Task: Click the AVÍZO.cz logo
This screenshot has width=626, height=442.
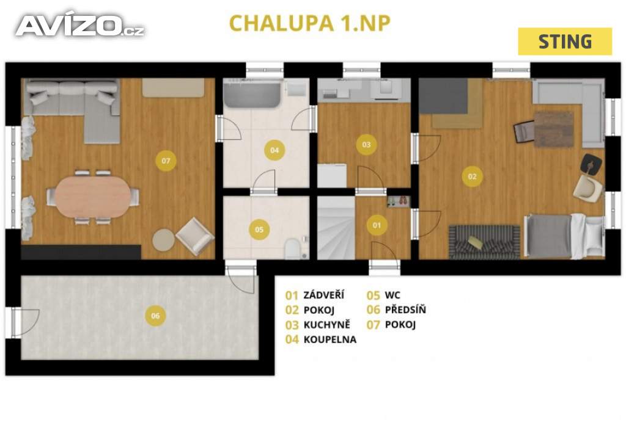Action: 79,25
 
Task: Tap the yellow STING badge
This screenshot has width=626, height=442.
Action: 564,42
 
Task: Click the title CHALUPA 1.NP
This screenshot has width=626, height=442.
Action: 309,23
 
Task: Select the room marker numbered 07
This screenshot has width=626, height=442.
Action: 165,161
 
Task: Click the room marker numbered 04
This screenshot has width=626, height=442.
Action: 274,150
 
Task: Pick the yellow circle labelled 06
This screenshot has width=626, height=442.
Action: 155,316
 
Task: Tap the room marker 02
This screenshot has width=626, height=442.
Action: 472,177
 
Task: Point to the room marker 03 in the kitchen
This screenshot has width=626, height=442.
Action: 366,145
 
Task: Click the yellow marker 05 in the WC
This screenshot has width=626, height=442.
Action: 259,230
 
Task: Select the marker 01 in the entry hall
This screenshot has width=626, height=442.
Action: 377,225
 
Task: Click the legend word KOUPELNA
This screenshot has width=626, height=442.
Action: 330,339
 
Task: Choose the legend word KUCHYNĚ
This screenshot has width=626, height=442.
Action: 328,325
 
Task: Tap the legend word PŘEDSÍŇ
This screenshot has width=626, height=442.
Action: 405,310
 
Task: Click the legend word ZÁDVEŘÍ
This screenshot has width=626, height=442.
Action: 323,295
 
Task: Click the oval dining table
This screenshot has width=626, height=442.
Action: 93,197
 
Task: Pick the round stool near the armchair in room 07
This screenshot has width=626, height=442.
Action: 164,239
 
